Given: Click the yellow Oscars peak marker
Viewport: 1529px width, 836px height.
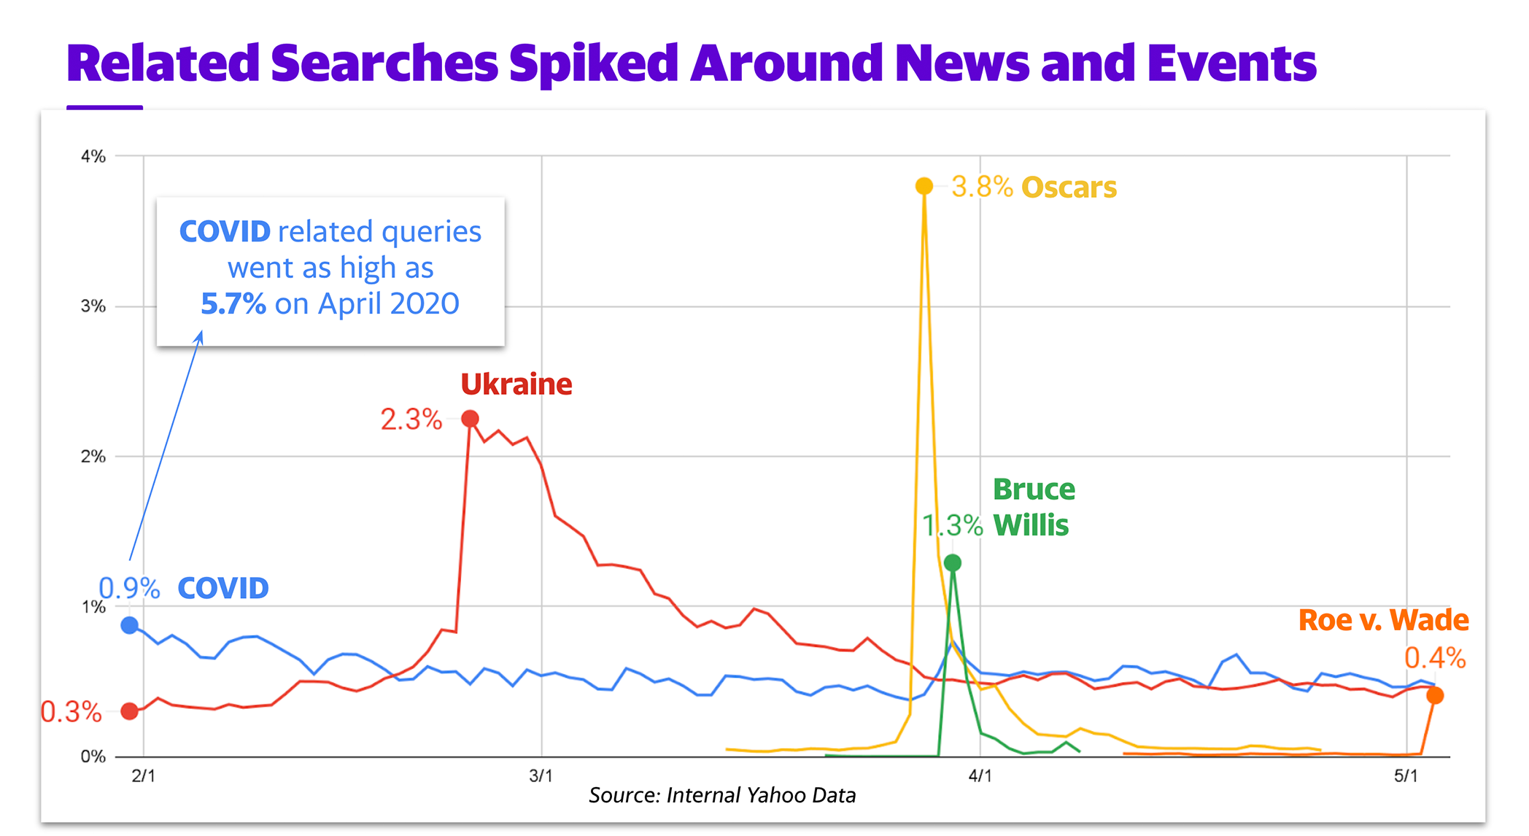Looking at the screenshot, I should coord(924,186).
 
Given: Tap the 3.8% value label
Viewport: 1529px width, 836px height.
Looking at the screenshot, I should coord(982,187).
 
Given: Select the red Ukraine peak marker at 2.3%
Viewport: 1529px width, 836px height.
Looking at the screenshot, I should coord(470,419).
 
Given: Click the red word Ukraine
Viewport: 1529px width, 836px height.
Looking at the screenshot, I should coord(516,384).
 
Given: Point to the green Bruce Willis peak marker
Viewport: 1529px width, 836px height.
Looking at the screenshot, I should coord(952,562).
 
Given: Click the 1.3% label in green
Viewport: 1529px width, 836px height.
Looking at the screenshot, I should coord(953,525).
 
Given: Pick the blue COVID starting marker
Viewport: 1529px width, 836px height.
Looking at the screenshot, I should coord(130,625).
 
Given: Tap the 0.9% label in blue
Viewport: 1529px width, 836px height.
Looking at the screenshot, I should coord(129,588).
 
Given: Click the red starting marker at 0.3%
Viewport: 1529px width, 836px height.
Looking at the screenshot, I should coord(130,711).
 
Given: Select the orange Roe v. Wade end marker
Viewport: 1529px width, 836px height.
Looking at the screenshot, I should coord(1434,695).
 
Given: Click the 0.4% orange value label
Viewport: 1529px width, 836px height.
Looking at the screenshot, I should coord(1434,659).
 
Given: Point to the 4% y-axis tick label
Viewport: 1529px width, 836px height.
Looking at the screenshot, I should coord(93,156).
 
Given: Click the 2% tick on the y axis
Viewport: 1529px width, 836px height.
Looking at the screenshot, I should coord(93,457).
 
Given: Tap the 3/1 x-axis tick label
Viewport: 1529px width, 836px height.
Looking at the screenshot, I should coord(541,776).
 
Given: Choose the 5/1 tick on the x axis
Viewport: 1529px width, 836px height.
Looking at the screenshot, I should coord(1406,776).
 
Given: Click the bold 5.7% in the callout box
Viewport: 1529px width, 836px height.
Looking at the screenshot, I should coord(233,303).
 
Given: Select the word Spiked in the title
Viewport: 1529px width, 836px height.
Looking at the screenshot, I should coord(594,63).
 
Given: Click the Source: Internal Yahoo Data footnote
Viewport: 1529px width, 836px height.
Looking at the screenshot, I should coord(722,795).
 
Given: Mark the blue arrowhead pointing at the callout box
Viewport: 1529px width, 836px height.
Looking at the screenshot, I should coord(199,336).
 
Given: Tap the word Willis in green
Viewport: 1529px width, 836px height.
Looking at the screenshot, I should coord(1031,525).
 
